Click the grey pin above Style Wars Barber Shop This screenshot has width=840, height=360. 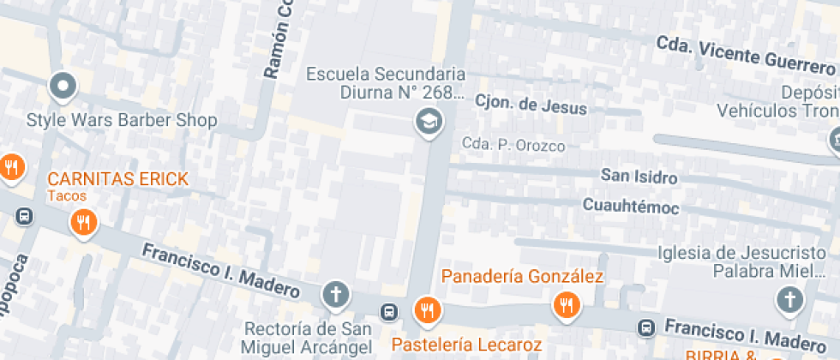[x=63, y=85]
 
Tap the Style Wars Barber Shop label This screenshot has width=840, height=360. [x=122, y=120]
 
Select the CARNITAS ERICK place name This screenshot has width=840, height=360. [x=117, y=179]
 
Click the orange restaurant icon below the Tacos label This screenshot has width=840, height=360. [x=83, y=223]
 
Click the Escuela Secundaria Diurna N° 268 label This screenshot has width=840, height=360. [x=386, y=83]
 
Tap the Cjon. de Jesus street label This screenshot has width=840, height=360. [x=531, y=105]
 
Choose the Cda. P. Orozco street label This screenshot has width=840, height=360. [x=513, y=145]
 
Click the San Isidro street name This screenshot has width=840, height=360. [x=639, y=177]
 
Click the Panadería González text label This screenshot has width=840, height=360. [x=523, y=276]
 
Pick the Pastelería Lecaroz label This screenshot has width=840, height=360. [x=466, y=345]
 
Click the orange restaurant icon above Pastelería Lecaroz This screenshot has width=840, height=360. [x=427, y=309]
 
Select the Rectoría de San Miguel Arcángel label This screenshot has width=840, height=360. [x=308, y=338]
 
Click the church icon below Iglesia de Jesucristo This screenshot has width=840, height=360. [x=789, y=300]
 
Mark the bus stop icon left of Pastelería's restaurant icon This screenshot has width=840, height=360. [x=390, y=310]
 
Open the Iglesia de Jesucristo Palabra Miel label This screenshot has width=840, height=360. [x=741, y=261]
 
